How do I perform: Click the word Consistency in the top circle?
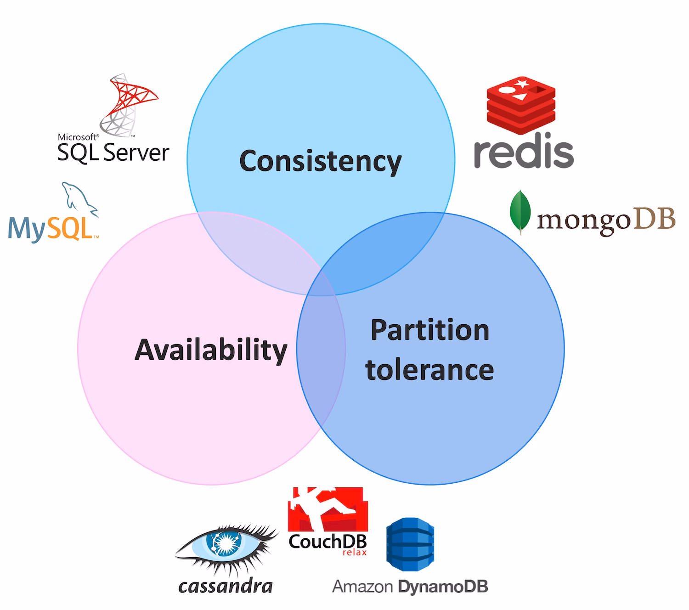click(x=320, y=162)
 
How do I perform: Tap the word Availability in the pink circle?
click(x=211, y=350)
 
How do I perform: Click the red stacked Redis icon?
click(x=521, y=105)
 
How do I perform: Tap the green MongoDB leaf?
click(x=520, y=212)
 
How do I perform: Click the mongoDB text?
click(x=606, y=220)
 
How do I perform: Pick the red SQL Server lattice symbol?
click(x=129, y=105)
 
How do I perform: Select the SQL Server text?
click(x=113, y=152)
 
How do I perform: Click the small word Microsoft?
click(x=78, y=137)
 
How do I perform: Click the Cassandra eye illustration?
click(x=226, y=548)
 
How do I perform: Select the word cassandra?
click(x=226, y=586)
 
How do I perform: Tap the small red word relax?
click(x=355, y=552)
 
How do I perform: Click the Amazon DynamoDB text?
click(x=410, y=587)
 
